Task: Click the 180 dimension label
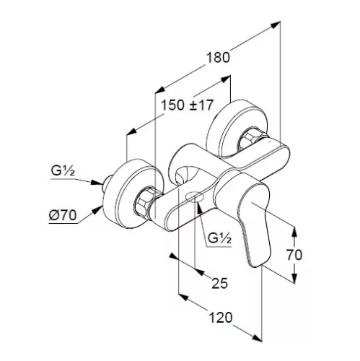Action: point(218,58)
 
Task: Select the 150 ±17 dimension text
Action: point(187,105)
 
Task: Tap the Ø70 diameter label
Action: point(63,215)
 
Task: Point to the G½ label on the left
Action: point(63,171)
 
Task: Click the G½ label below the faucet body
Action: point(219,238)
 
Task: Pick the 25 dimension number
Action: point(219,283)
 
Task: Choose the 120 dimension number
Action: point(221,318)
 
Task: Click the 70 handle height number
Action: point(294,255)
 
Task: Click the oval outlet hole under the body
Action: point(195,197)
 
